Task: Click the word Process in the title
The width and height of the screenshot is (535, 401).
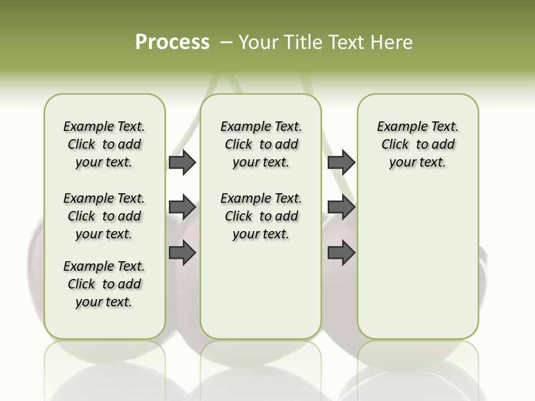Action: [x=172, y=42]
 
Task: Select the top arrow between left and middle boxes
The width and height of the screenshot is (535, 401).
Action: [x=182, y=162]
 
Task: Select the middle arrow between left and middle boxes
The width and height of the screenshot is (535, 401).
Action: [x=182, y=208]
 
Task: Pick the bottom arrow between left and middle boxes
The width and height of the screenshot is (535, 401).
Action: [x=182, y=253]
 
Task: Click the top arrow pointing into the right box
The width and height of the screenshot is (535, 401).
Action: [x=341, y=162]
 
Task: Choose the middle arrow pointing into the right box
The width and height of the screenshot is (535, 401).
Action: [x=341, y=208]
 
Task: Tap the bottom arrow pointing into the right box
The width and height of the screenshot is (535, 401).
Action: [x=341, y=253]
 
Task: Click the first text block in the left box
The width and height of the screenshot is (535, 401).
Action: [x=104, y=144]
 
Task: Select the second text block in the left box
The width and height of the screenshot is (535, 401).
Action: [x=104, y=216]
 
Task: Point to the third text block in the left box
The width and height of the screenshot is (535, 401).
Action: [x=104, y=284]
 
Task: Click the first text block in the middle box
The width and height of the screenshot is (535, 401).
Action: [x=261, y=144]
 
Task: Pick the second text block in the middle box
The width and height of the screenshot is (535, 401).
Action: [x=261, y=216]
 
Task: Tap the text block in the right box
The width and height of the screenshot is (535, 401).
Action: [x=417, y=144]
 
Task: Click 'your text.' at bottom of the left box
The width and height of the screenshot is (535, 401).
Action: [x=104, y=302]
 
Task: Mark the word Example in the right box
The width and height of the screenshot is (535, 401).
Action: [x=397, y=127]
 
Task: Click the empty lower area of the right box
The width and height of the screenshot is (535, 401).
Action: [x=417, y=267]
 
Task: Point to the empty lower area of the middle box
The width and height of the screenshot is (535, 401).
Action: [x=261, y=290]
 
